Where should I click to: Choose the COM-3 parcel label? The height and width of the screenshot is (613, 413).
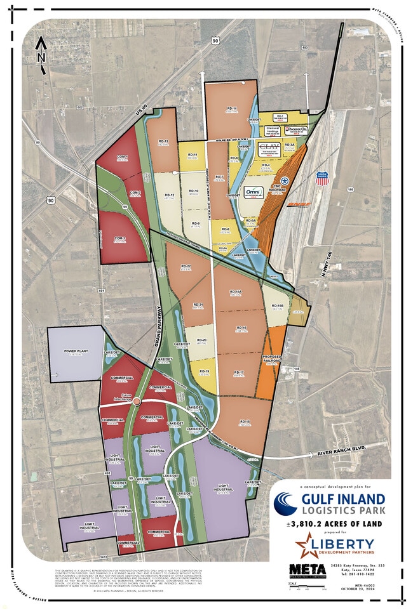click(120, 239)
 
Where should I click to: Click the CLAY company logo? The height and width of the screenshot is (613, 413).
click(269, 147)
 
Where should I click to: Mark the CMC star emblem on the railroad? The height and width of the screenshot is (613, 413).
click(285, 181)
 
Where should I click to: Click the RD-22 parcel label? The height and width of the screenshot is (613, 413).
click(186, 267)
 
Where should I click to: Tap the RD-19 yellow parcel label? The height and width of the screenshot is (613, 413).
click(204, 370)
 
